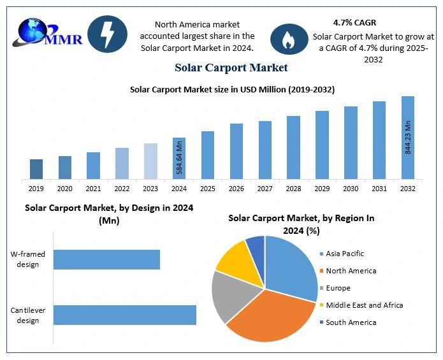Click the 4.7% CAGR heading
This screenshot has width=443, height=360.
(x=354, y=22)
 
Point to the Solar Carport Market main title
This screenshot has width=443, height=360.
(x=231, y=68)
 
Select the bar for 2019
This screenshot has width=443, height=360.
(x=36, y=169)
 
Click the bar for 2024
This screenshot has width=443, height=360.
(x=179, y=158)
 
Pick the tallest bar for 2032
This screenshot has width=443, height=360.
(x=407, y=137)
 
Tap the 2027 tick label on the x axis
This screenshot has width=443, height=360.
(x=265, y=189)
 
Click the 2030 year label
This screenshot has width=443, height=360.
(x=350, y=189)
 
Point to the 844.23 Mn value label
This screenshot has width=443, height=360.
(x=408, y=136)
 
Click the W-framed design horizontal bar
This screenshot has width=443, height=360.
(x=106, y=259)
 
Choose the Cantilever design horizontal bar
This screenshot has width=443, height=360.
(x=124, y=315)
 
